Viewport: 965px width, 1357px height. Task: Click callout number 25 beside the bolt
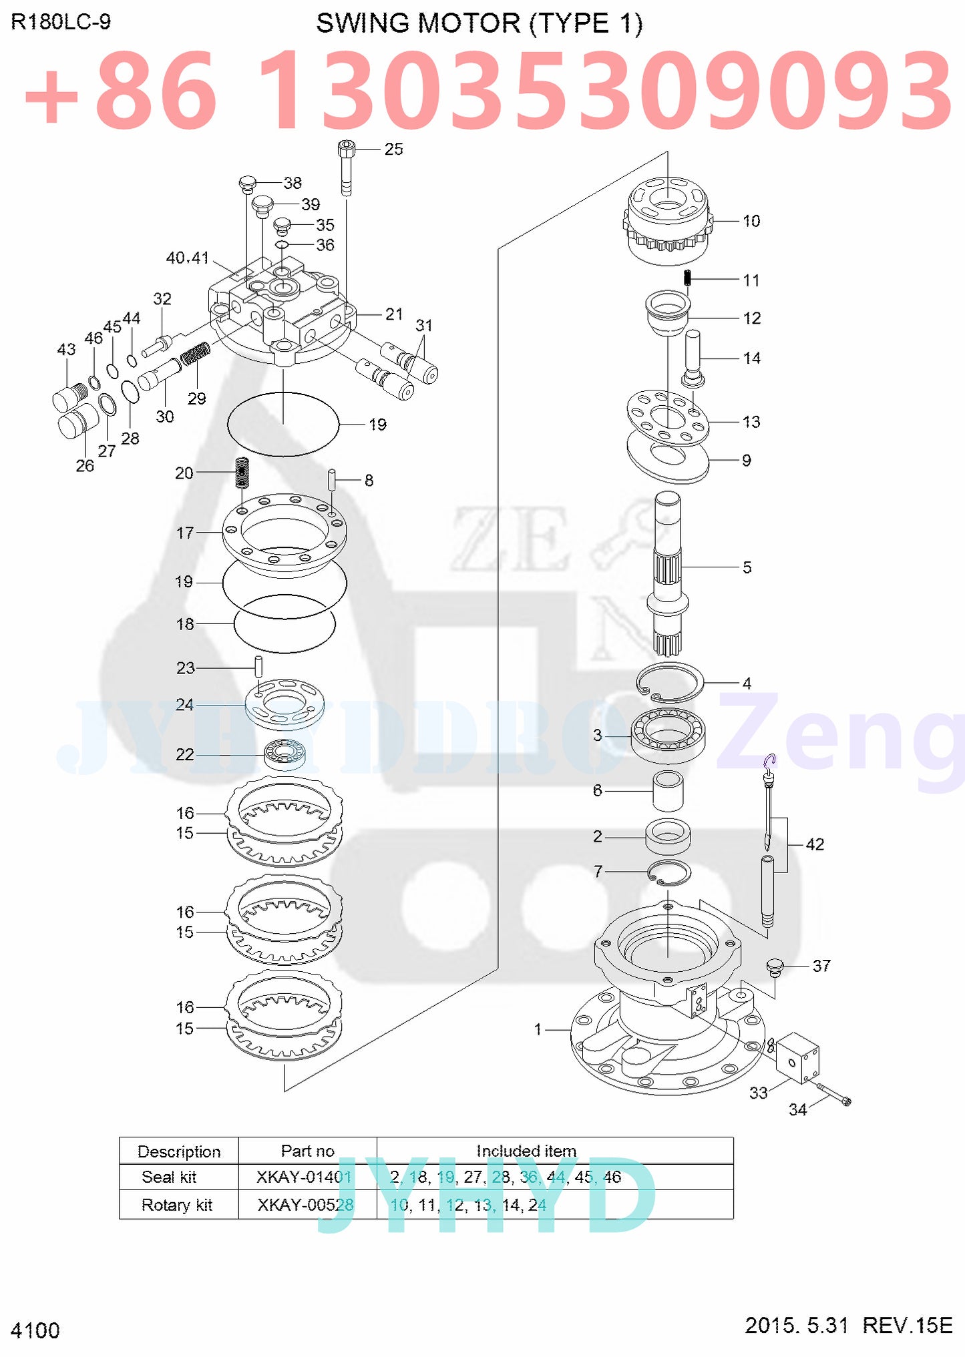(393, 149)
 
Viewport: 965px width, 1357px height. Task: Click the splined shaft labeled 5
(668, 567)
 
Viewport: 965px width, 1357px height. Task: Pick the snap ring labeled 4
(670, 683)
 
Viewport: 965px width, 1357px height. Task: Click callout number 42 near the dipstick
(815, 844)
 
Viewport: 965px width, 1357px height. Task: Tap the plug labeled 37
(775, 967)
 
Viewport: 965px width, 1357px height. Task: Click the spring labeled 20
(242, 473)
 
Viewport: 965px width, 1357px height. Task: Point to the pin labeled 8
(331, 480)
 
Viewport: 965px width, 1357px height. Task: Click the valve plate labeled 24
(285, 704)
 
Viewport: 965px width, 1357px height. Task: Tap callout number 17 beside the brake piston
(185, 533)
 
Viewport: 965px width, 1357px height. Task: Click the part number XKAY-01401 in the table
(305, 1177)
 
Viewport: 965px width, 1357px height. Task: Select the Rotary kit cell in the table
(177, 1205)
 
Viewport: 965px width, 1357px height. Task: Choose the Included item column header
(526, 1151)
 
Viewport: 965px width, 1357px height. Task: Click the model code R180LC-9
(61, 22)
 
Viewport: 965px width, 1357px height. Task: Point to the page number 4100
(35, 1330)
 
